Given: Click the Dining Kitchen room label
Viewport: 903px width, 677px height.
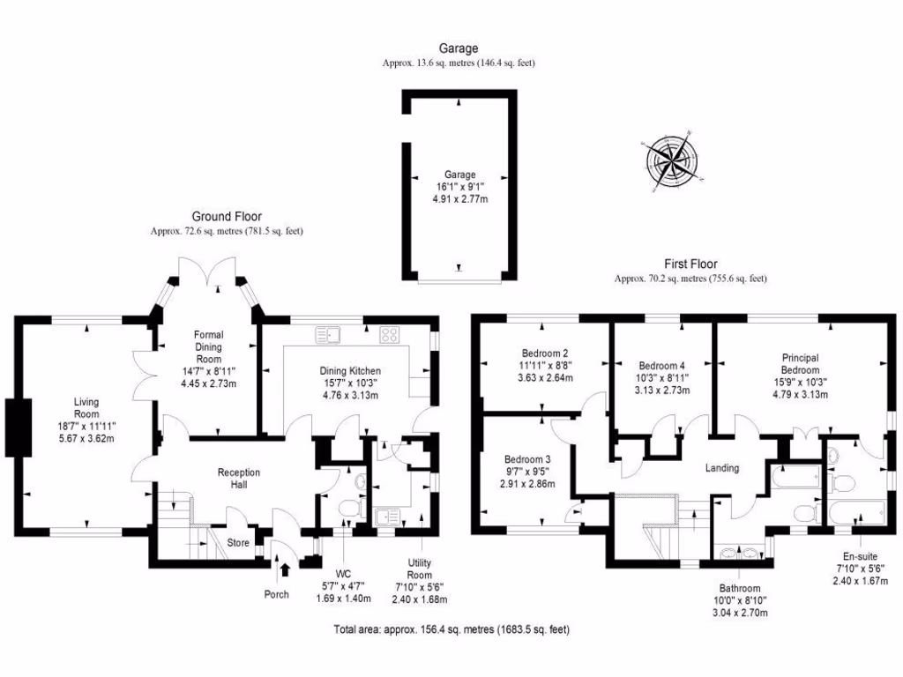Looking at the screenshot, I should click(x=350, y=371).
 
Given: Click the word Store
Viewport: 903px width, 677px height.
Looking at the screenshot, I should click(x=239, y=542).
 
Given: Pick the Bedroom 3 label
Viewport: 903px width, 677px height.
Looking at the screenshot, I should click(x=527, y=459).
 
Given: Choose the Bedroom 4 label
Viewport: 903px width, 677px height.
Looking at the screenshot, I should click(x=661, y=365).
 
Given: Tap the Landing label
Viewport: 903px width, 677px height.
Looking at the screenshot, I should click(x=720, y=468).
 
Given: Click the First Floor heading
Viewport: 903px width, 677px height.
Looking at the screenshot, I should click(x=690, y=264).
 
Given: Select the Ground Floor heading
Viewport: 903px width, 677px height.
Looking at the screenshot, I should click(x=227, y=216).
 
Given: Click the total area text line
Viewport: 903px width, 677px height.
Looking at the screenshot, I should click(x=451, y=629).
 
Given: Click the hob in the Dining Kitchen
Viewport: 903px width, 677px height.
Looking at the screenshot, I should click(x=390, y=334).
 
